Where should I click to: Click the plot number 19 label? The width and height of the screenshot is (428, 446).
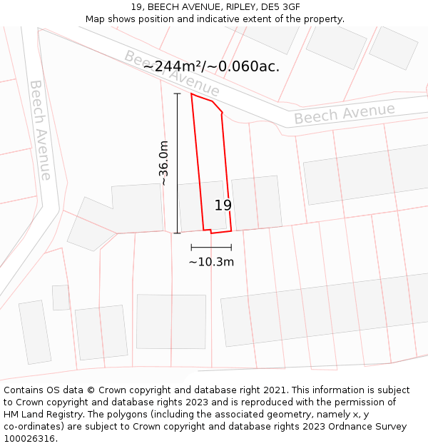pos(223,206)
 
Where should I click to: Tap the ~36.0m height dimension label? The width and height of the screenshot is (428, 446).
pos(164,163)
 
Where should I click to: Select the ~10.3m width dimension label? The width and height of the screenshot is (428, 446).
pos(211,262)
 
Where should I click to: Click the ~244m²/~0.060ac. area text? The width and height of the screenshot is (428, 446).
pos(212,66)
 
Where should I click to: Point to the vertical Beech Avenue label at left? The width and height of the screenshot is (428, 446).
pos(40,129)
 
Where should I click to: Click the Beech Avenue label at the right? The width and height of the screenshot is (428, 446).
pos(345,113)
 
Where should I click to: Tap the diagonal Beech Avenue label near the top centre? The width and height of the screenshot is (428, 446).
pos(171,73)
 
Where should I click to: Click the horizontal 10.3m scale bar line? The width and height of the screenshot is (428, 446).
pos(211,248)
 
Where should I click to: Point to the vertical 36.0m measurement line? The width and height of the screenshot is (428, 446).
pos(177,163)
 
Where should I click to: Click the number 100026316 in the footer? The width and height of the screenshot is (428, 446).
pos(29,439)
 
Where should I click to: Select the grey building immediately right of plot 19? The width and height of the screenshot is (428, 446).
pos(256,202)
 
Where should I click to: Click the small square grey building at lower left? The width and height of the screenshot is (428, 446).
pos(61,298)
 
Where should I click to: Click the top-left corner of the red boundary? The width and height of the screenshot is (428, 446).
pos(191,93)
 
